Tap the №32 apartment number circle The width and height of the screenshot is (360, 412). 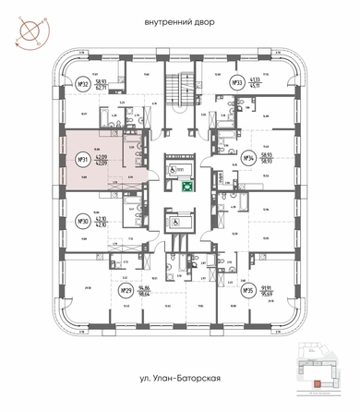coord(82,86)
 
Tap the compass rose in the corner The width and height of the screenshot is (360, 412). coord(25,28)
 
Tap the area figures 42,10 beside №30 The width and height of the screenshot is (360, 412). coord(103,222)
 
